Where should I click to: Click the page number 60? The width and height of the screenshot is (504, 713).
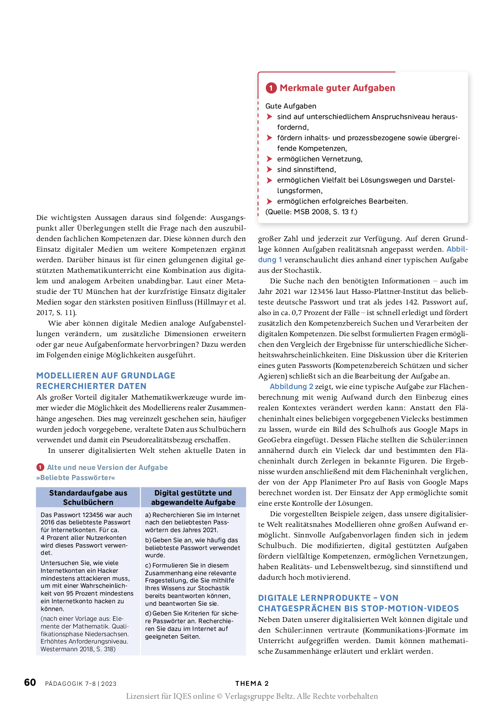click(x=30, y=682)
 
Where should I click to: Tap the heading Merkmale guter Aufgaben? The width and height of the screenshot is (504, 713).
click(x=337, y=88)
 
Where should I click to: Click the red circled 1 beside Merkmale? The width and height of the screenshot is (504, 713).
click(x=271, y=88)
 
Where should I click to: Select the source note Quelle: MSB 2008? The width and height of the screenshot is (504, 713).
click(x=311, y=212)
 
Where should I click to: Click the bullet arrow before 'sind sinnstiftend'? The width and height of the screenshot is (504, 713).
click(x=269, y=170)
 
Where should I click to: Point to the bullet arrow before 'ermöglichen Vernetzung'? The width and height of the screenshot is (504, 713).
click(x=269, y=159)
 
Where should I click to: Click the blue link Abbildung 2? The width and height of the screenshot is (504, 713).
click(x=291, y=387)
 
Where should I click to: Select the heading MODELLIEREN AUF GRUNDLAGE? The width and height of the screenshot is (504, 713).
click(x=106, y=376)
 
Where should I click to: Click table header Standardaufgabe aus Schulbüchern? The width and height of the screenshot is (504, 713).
click(x=88, y=498)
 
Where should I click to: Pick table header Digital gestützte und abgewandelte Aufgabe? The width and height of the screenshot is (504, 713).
click(x=193, y=498)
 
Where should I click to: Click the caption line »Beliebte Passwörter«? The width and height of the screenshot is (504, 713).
click(x=76, y=478)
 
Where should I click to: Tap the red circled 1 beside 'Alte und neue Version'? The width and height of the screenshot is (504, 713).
click(x=40, y=467)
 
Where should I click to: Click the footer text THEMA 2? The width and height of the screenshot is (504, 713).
click(x=252, y=683)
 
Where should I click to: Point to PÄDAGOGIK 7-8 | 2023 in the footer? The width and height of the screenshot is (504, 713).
click(x=80, y=684)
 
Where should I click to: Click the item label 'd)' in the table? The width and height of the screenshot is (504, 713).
click(x=148, y=613)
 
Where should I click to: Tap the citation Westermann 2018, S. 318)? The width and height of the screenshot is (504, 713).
click(x=78, y=649)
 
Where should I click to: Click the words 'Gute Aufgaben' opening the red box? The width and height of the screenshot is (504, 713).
click(x=291, y=106)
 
